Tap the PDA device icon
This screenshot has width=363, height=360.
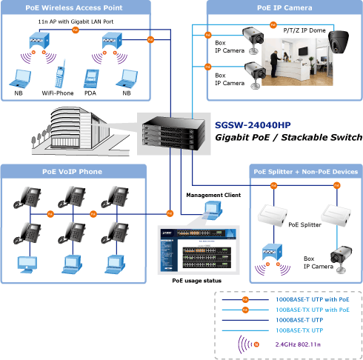click(x=91, y=79)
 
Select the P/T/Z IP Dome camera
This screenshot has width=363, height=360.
click(x=339, y=41)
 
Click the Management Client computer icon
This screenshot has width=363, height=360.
click(x=212, y=210)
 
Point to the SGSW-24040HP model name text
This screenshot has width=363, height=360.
click(x=253, y=125)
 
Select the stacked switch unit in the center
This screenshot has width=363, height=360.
click(x=174, y=133)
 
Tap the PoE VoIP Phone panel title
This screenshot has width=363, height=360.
click(x=72, y=172)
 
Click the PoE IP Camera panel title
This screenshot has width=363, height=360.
click(x=284, y=8)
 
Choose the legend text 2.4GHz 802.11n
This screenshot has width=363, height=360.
click(x=298, y=344)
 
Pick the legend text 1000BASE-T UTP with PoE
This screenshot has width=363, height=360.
click(x=313, y=299)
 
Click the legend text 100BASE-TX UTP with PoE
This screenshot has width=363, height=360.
click(x=313, y=310)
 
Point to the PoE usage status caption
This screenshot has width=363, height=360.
click(x=197, y=281)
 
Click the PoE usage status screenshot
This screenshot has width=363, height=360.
click(x=199, y=250)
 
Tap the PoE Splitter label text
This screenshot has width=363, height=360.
click(x=304, y=224)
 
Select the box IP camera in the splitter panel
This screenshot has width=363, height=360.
click(x=342, y=259)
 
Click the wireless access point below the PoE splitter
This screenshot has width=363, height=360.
click(x=272, y=252)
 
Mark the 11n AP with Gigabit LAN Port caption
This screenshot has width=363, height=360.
click(x=76, y=21)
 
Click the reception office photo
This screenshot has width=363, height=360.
click(x=297, y=61)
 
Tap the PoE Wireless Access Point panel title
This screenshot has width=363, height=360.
click(x=74, y=8)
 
